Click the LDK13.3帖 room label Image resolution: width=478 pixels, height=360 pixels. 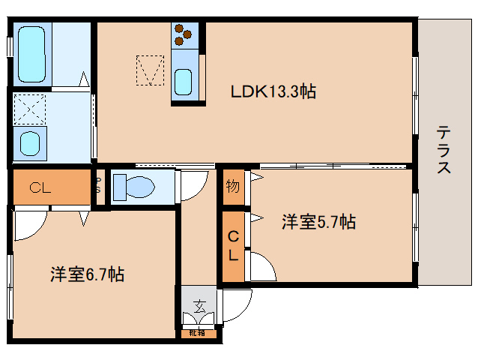click(x=272, y=91)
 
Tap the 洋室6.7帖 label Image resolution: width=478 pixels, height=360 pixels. click(x=87, y=274)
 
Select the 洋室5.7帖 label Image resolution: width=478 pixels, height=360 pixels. click(x=318, y=222)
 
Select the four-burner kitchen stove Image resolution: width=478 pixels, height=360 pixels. click(x=184, y=34)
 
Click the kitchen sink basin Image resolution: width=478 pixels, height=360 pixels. click(x=184, y=79)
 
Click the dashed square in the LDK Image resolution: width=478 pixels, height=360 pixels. click(x=148, y=69)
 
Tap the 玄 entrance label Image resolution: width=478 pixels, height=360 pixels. click(x=199, y=306)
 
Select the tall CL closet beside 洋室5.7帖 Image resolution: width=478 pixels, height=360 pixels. click(x=233, y=246)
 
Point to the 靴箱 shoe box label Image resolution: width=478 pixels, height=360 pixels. click(x=198, y=332)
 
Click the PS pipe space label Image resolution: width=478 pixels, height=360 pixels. click(x=99, y=186)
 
